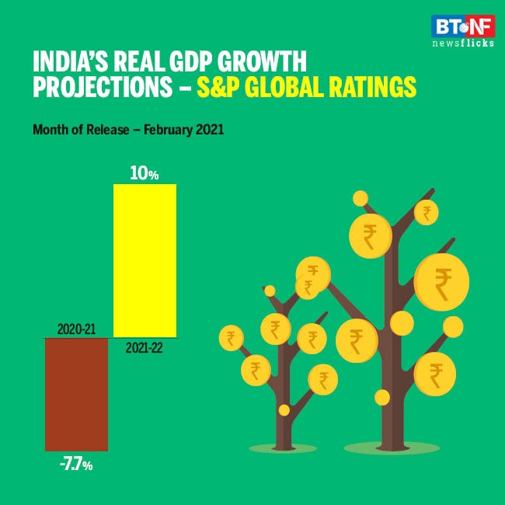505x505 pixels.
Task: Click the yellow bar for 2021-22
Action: [145, 260]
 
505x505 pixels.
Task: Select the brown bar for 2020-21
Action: [76, 394]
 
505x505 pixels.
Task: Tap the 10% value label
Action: [145, 175]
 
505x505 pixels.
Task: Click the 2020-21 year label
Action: [76, 329]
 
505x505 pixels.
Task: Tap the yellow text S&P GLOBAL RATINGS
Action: [306, 87]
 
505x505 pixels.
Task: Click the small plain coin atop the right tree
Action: [360, 199]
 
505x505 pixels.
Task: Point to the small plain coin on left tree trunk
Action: [284, 409]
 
